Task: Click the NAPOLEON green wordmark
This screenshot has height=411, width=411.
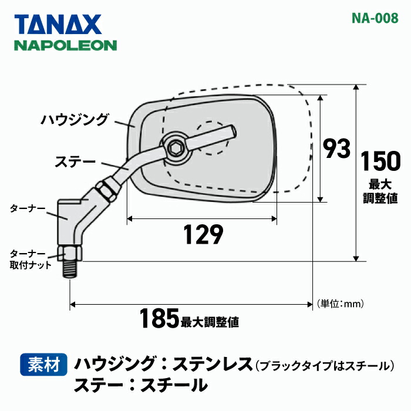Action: coord(65,45)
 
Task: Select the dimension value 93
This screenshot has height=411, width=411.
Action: coord(337,149)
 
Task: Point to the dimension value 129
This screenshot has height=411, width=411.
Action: coord(203,235)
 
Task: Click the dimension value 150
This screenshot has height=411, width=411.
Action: coord(379,161)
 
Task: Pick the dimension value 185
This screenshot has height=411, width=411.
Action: coord(159,319)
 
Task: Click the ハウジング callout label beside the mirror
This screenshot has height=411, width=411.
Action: coord(75,120)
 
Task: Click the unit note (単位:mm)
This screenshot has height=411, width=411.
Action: coord(341,304)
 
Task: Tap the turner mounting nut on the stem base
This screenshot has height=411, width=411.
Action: coord(70,254)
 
